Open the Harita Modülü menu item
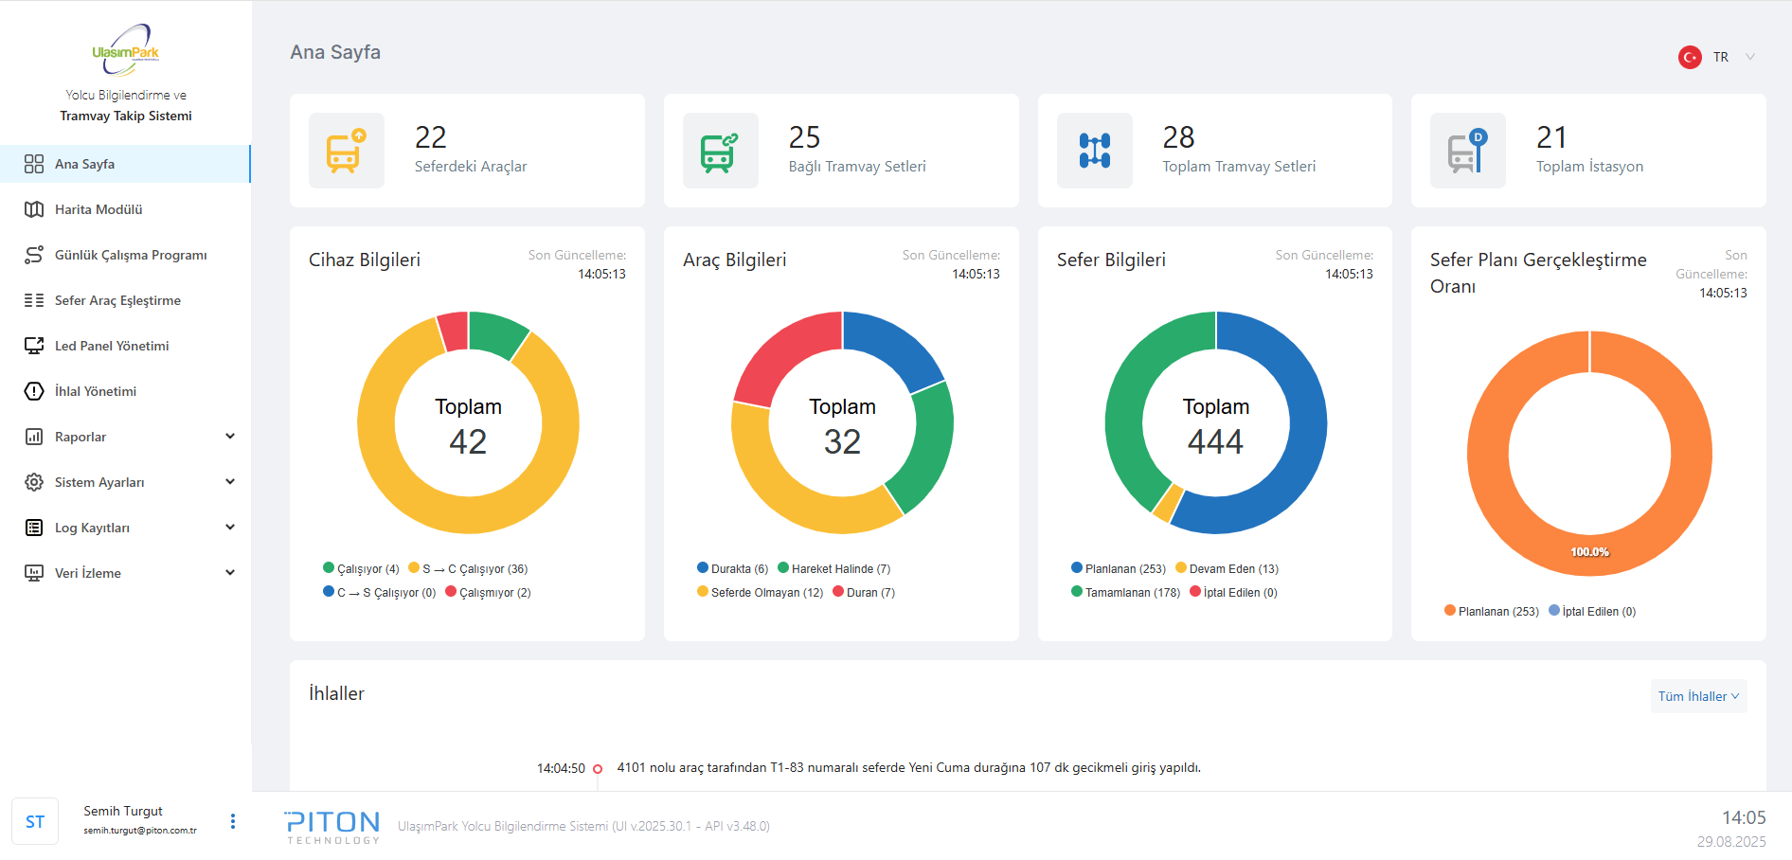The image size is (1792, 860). point(99,209)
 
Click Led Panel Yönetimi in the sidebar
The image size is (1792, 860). point(112,346)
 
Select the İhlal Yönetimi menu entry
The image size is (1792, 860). point(96,391)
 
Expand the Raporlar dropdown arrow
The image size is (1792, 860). point(229,437)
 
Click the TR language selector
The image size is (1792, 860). point(1720,57)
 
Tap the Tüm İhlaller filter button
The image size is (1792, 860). point(1698,696)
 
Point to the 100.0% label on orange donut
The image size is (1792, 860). point(1589,552)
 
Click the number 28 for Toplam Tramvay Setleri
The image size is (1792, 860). point(1178,137)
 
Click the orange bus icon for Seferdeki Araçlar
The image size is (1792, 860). point(347,151)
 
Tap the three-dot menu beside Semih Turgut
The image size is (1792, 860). point(233,821)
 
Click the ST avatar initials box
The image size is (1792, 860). point(35,821)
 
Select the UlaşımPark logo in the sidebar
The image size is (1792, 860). point(126,50)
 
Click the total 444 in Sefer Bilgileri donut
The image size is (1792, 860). point(1215,441)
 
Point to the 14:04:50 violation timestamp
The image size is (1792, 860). point(561,768)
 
